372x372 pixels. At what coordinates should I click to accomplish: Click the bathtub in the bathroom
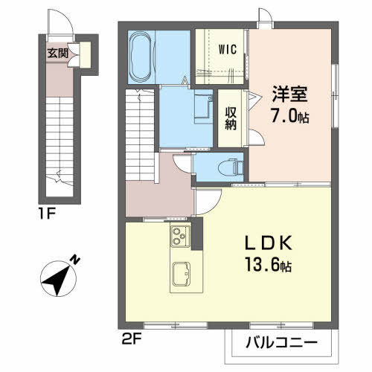click(141, 56)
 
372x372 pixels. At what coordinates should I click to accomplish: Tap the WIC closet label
click(228, 51)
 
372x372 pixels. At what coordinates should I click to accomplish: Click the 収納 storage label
click(231, 118)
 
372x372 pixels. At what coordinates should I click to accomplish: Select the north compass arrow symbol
click(56, 280)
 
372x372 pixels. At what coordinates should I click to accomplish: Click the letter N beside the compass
click(74, 260)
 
